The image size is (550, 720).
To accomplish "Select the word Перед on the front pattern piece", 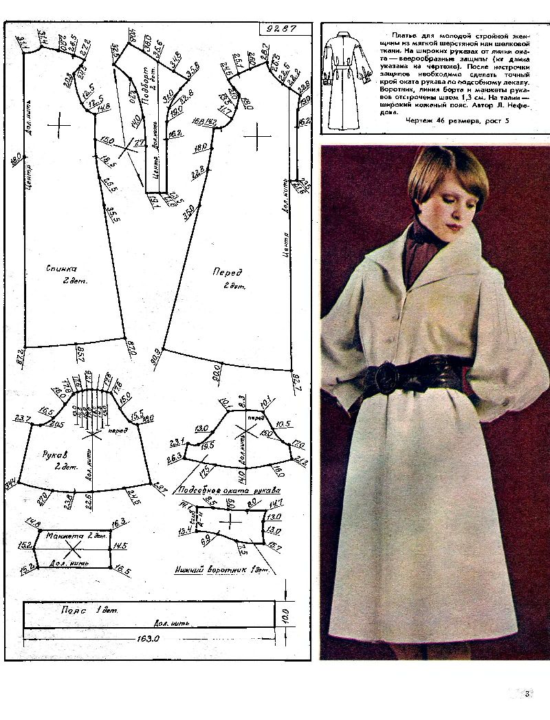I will click(x=226, y=272).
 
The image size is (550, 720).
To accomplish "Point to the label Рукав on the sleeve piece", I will click(x=54, y=446).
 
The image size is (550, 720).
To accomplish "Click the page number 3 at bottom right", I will click(x=527, y=693).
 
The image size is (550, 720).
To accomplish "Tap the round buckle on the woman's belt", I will click(x=386, y=378).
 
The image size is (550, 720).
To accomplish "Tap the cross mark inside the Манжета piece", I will click(x=73, y=549).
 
